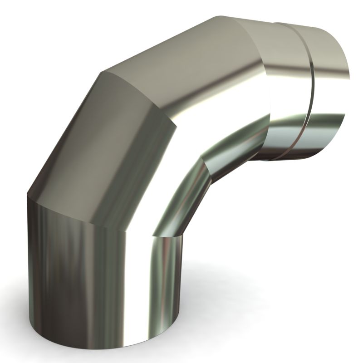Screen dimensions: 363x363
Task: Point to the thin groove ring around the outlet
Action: (310, 91)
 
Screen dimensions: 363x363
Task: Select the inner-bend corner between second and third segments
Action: (202, 159)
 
